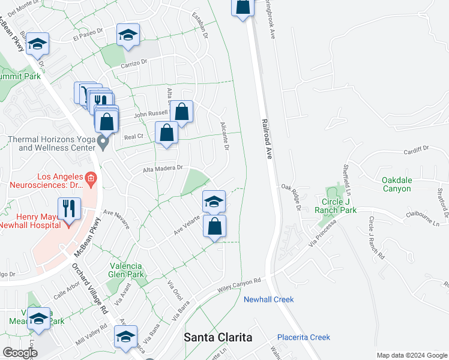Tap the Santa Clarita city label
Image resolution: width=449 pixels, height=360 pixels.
click(x=218, y=337)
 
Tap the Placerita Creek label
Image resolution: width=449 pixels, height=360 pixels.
click(x=304, y=338)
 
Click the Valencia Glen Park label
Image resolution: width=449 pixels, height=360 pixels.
click(x=127, y=270)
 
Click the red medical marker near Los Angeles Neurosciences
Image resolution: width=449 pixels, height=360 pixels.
click(x=91, y=178)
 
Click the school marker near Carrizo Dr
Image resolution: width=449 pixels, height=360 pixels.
click(x=128, y=35)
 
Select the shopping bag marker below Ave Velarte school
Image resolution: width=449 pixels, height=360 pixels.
click(x=214, y=227)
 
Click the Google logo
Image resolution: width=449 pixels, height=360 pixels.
click(x=20, y=353)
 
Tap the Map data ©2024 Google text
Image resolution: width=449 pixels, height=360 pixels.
click(x=411, y=355)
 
